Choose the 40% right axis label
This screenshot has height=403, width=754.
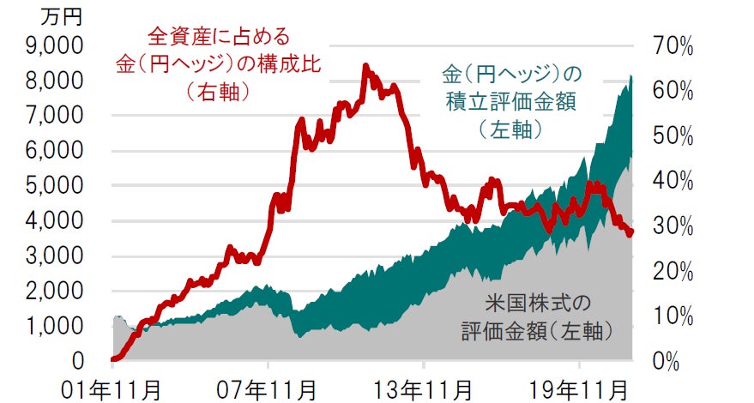672,181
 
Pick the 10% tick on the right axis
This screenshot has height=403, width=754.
672,316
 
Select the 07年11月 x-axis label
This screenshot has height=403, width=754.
269,388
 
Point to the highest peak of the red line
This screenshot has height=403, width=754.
366,66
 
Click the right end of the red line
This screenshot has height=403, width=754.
631,233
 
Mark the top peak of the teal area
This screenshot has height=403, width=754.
630,76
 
